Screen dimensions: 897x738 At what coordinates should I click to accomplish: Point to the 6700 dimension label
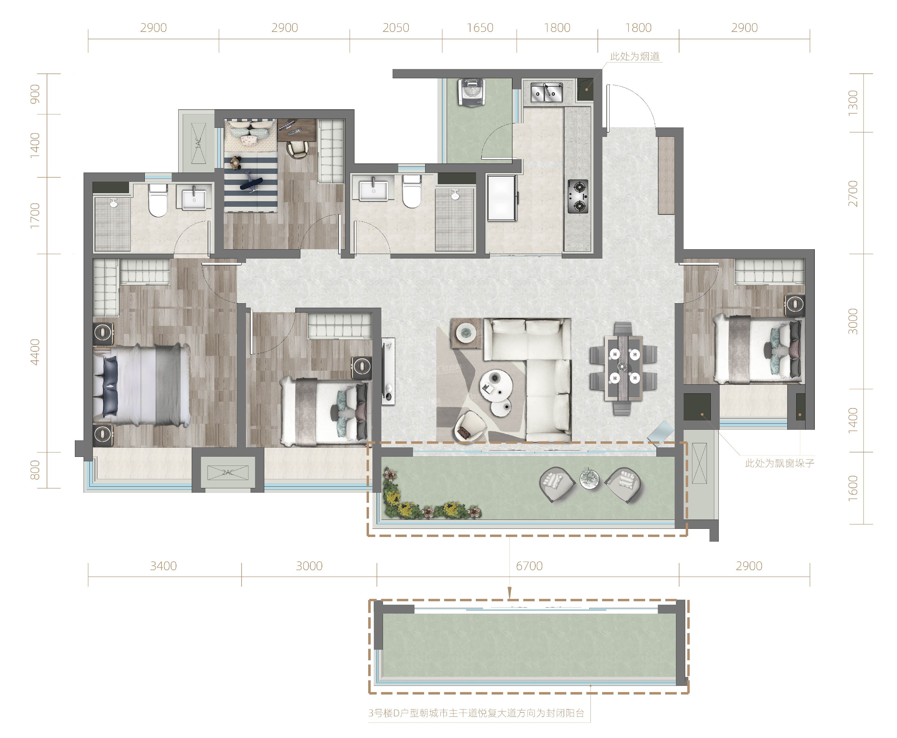point(529,566)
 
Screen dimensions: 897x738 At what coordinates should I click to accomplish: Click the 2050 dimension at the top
point(396,28)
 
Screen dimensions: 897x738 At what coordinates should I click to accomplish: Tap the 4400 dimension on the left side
point(35,352)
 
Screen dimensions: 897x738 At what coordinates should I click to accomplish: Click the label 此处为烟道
point(635,56)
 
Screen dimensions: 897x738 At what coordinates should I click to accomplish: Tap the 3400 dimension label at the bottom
point(164,566)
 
